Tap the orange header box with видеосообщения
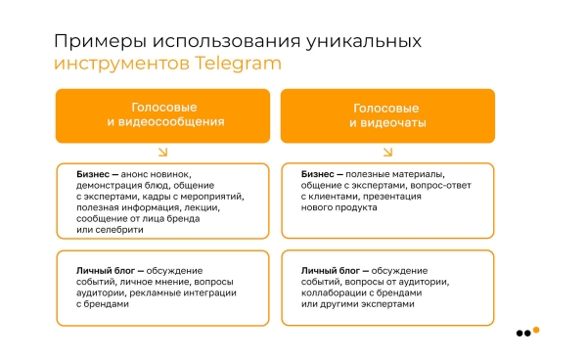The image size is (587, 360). (x=162, y=115)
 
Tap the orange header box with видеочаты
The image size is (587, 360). (x=387, y=115)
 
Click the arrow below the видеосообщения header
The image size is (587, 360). (x=162, y=152)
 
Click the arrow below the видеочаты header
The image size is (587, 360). (x=387, y=152)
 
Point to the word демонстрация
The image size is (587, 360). (x=109, y=184)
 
